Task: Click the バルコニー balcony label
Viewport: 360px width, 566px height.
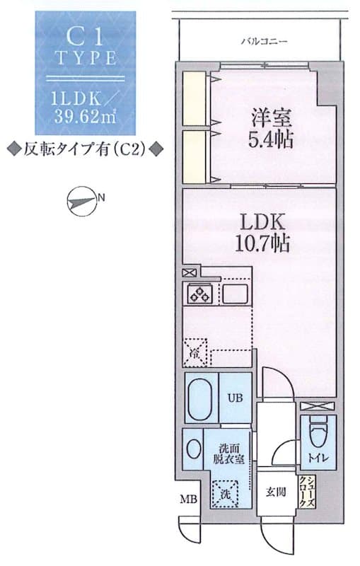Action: [x=264, y=42]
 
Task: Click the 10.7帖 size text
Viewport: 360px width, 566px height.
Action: [x=261, y=245]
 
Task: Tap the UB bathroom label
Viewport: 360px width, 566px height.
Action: [x=235, y=398]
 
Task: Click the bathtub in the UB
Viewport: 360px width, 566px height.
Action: [x=201, y=398]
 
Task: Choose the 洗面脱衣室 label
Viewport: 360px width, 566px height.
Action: [x=231, y=452]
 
